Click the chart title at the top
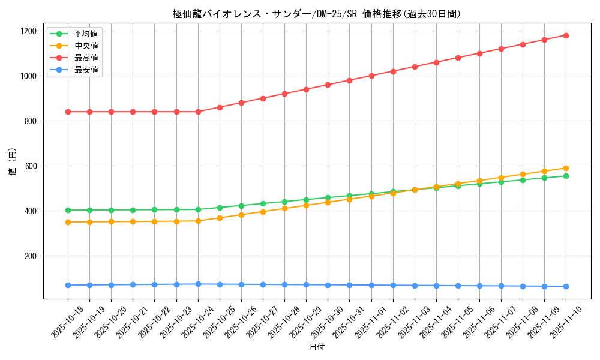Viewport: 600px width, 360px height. (x=316, y=14)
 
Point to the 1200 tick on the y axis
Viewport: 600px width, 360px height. (x=29, y=31)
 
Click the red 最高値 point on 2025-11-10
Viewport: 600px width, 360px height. (x=566, y=35)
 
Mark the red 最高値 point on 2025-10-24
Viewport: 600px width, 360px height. (x=198, y=112)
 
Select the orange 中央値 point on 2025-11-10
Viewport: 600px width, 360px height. (x=566, y=168)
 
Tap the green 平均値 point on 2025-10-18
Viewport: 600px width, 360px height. (x=68, y=210)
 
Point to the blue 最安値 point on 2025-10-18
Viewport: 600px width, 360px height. (x=68, y=285)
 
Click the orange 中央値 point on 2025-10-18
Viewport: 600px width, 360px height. (x=68, y=222)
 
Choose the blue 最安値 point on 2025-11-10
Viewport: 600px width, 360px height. (x=566, y=286)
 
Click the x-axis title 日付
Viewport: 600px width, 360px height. (x=317, y=347)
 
